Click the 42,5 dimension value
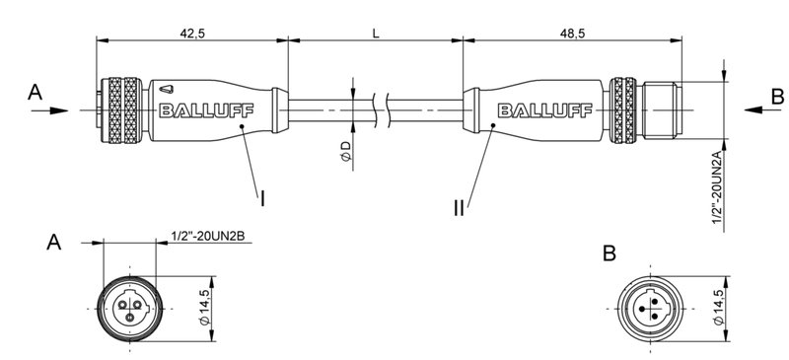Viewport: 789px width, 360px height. (191, 33)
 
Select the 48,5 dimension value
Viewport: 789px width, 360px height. (572, 33)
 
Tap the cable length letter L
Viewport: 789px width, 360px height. (376, 33)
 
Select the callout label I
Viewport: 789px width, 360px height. (263, 198)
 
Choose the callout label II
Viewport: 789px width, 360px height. (460, 207)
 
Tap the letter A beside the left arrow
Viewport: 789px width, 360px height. (36, 93)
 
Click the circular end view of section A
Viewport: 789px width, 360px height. (129, 306)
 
